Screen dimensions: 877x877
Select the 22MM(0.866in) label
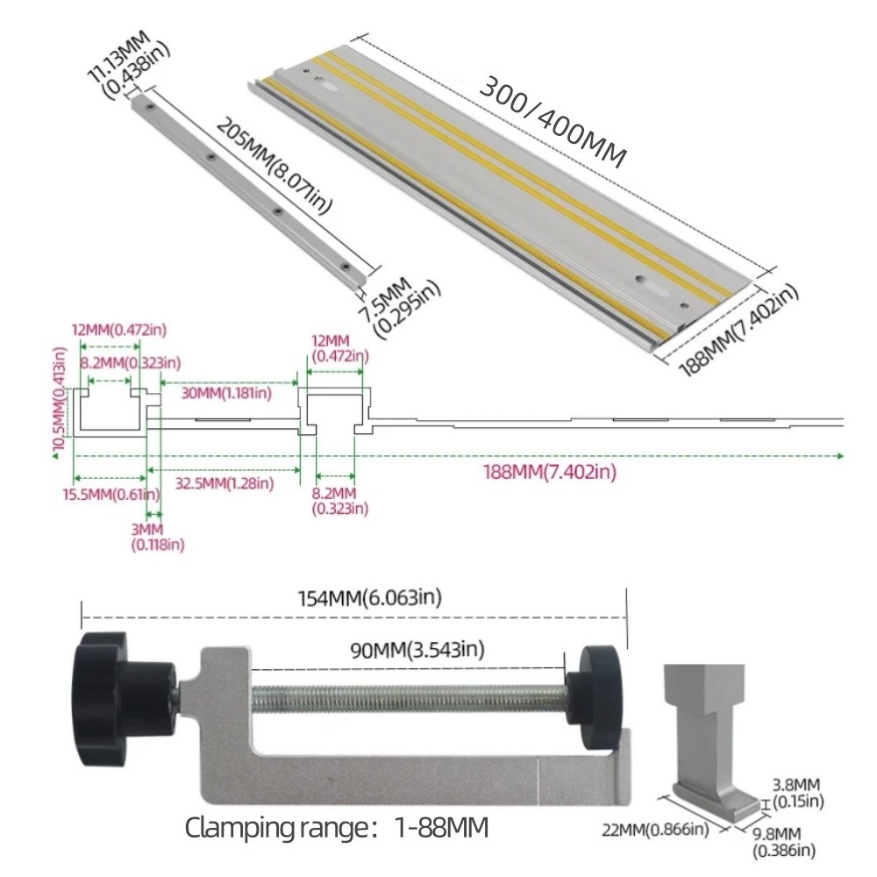click(x=656, y=829)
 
